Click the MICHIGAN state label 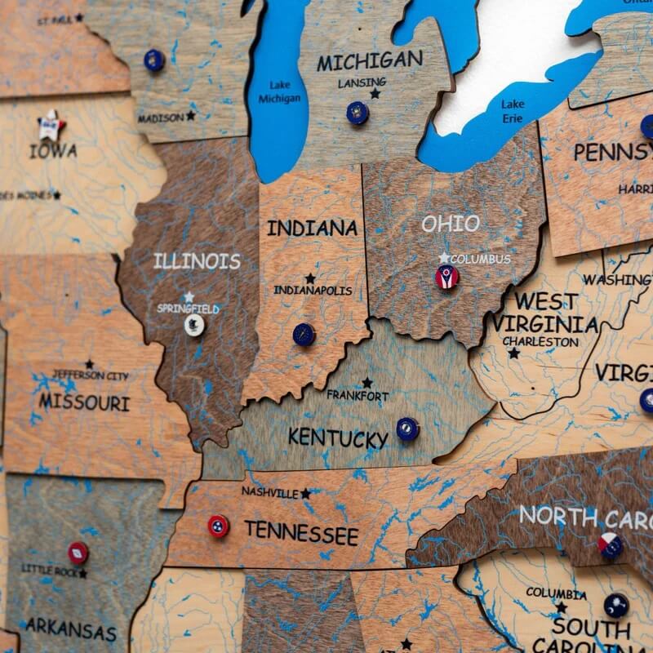pos(370,60)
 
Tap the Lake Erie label pos(513,109)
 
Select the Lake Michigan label pos(279,91)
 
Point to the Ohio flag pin pos(447,278)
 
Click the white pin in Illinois pos(194,325)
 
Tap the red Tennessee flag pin pos(218,526)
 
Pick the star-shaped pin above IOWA pos(51,125)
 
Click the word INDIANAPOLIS pos(313,291)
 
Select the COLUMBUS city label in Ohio pos(481,260)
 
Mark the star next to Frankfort pos(367,382)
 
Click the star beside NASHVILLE pos(306,493)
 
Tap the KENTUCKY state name pos(337,438)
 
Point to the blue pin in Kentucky pos(406,428)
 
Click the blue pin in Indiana pos(304,334)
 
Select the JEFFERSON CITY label pos(90,375)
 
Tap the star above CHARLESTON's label pos(513,353)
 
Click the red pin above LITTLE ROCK pos(78,553)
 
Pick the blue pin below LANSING pos(357,113)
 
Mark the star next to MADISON pos(190,116)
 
